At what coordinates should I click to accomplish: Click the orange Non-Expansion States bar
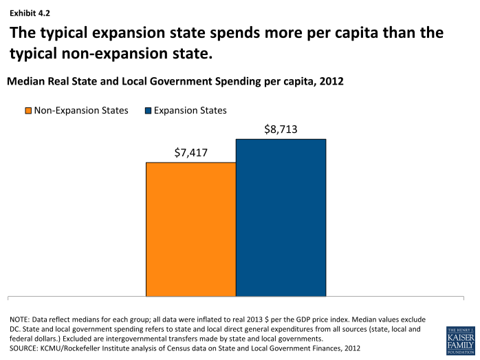(x=190, y=229)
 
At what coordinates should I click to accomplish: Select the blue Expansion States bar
(x=281, y=218)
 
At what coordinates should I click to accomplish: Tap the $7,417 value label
(x=190, y=152)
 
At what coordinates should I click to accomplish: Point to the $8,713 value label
(x=281, y=129)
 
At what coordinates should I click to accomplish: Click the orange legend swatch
(x=28, y=111)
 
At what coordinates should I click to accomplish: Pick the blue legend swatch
(x=148, y=111)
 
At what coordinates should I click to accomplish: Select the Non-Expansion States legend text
(x=81, y=110)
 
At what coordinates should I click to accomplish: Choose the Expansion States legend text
(x=190, y=110)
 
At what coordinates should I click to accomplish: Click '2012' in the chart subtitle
(x=331, y=81)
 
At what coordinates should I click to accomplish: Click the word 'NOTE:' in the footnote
(x=21, y=320)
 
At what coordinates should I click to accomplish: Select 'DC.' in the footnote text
(x=17, y=330)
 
